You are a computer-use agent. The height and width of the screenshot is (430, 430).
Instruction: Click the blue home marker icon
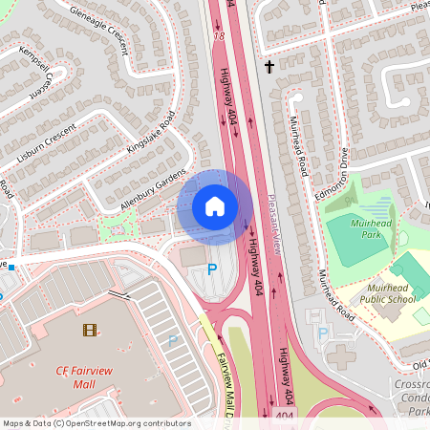coord(215,206)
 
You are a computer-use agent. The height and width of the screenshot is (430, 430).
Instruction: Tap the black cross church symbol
coord(269,67)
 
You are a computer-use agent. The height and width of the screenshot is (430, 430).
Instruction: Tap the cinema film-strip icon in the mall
coord(90,331)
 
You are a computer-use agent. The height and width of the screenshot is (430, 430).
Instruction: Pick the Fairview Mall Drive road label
coord(226,387)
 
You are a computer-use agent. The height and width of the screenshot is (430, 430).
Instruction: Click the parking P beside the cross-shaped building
coord(322,333)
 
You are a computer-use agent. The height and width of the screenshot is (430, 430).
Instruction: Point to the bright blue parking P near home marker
coord(212,270)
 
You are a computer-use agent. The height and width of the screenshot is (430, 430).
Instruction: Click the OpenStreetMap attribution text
coord(96,422)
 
